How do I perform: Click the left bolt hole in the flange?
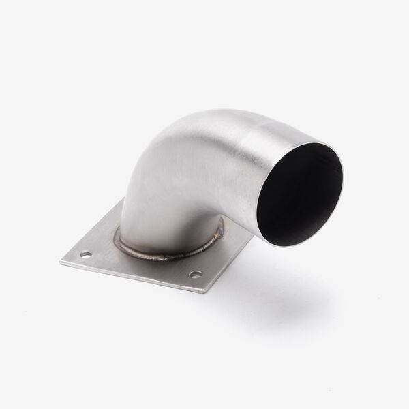click(86, 254)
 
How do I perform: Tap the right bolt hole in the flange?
click(196, 275)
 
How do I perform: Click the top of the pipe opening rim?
click(314, 142)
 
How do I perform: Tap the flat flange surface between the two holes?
click(136, 262)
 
